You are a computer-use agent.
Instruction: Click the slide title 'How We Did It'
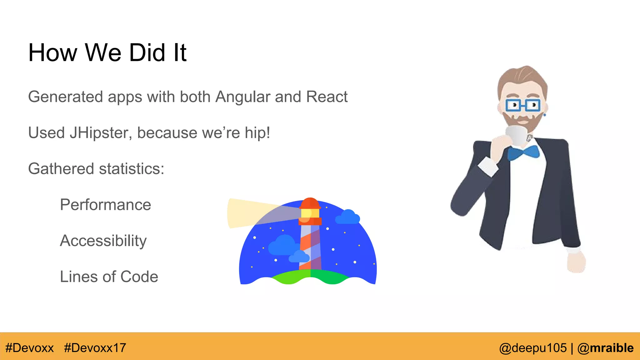click(x=107, y=52)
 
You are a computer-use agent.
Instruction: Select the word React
click(x=327, y=97)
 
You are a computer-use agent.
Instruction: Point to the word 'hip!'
click(x=257, y=133)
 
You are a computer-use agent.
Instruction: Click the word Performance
click(x=106, y=205)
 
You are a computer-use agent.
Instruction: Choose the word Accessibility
click(x=103, y=241)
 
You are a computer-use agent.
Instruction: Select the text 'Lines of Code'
click(x=109, y=277)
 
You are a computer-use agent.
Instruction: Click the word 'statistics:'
click(x=132, y=169)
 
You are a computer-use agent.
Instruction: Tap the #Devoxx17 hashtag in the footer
click(x=95, y=348)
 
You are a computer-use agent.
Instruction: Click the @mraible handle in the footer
click(x=605, y=348)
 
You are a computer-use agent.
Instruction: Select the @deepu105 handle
click(x=533, y=348)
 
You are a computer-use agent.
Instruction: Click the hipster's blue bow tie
click(x=523, y=153)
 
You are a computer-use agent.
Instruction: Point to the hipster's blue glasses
click(x=523, y=105)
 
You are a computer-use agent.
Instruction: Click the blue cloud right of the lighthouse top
click(x=347, y=217)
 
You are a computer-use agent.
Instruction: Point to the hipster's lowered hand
click(x=576, y=262)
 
